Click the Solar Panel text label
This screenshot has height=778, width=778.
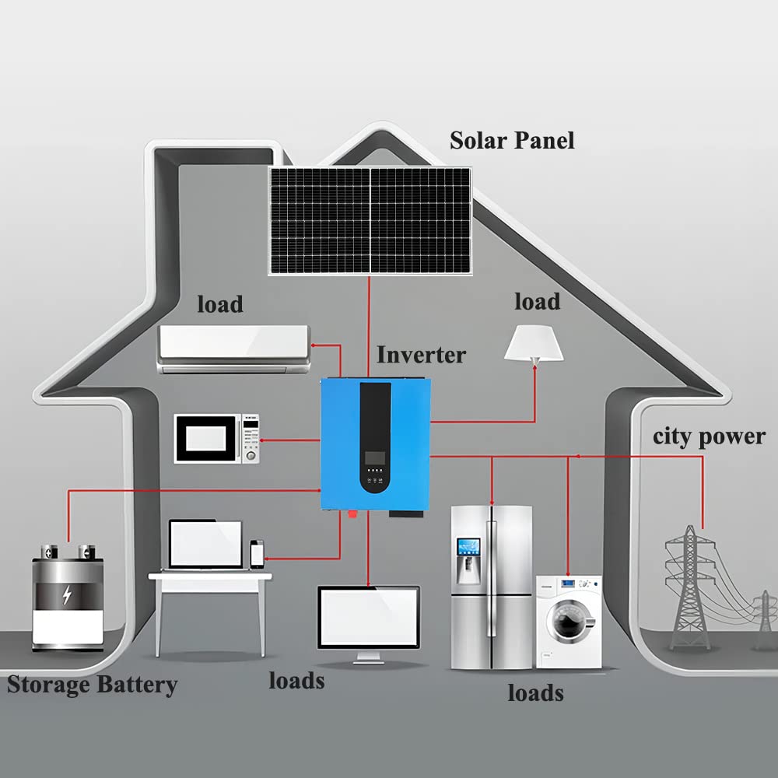[512, 141]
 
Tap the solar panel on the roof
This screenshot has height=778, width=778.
[370, 220]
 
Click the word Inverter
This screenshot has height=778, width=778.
[421, 355]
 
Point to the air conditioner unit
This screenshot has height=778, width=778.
[233, 349]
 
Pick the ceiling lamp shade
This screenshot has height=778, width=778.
[534, 342]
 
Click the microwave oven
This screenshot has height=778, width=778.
[217, 440]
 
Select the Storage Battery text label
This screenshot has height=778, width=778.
[92, 685]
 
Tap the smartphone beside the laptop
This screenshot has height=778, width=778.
[257, 555]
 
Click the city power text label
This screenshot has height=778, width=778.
[709, 436]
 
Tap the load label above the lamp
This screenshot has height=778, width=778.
[537, 301]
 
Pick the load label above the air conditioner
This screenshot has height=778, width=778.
[219, 304]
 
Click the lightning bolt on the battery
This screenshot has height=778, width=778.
[68, 596]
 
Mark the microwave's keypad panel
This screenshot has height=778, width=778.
[250, 440]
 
